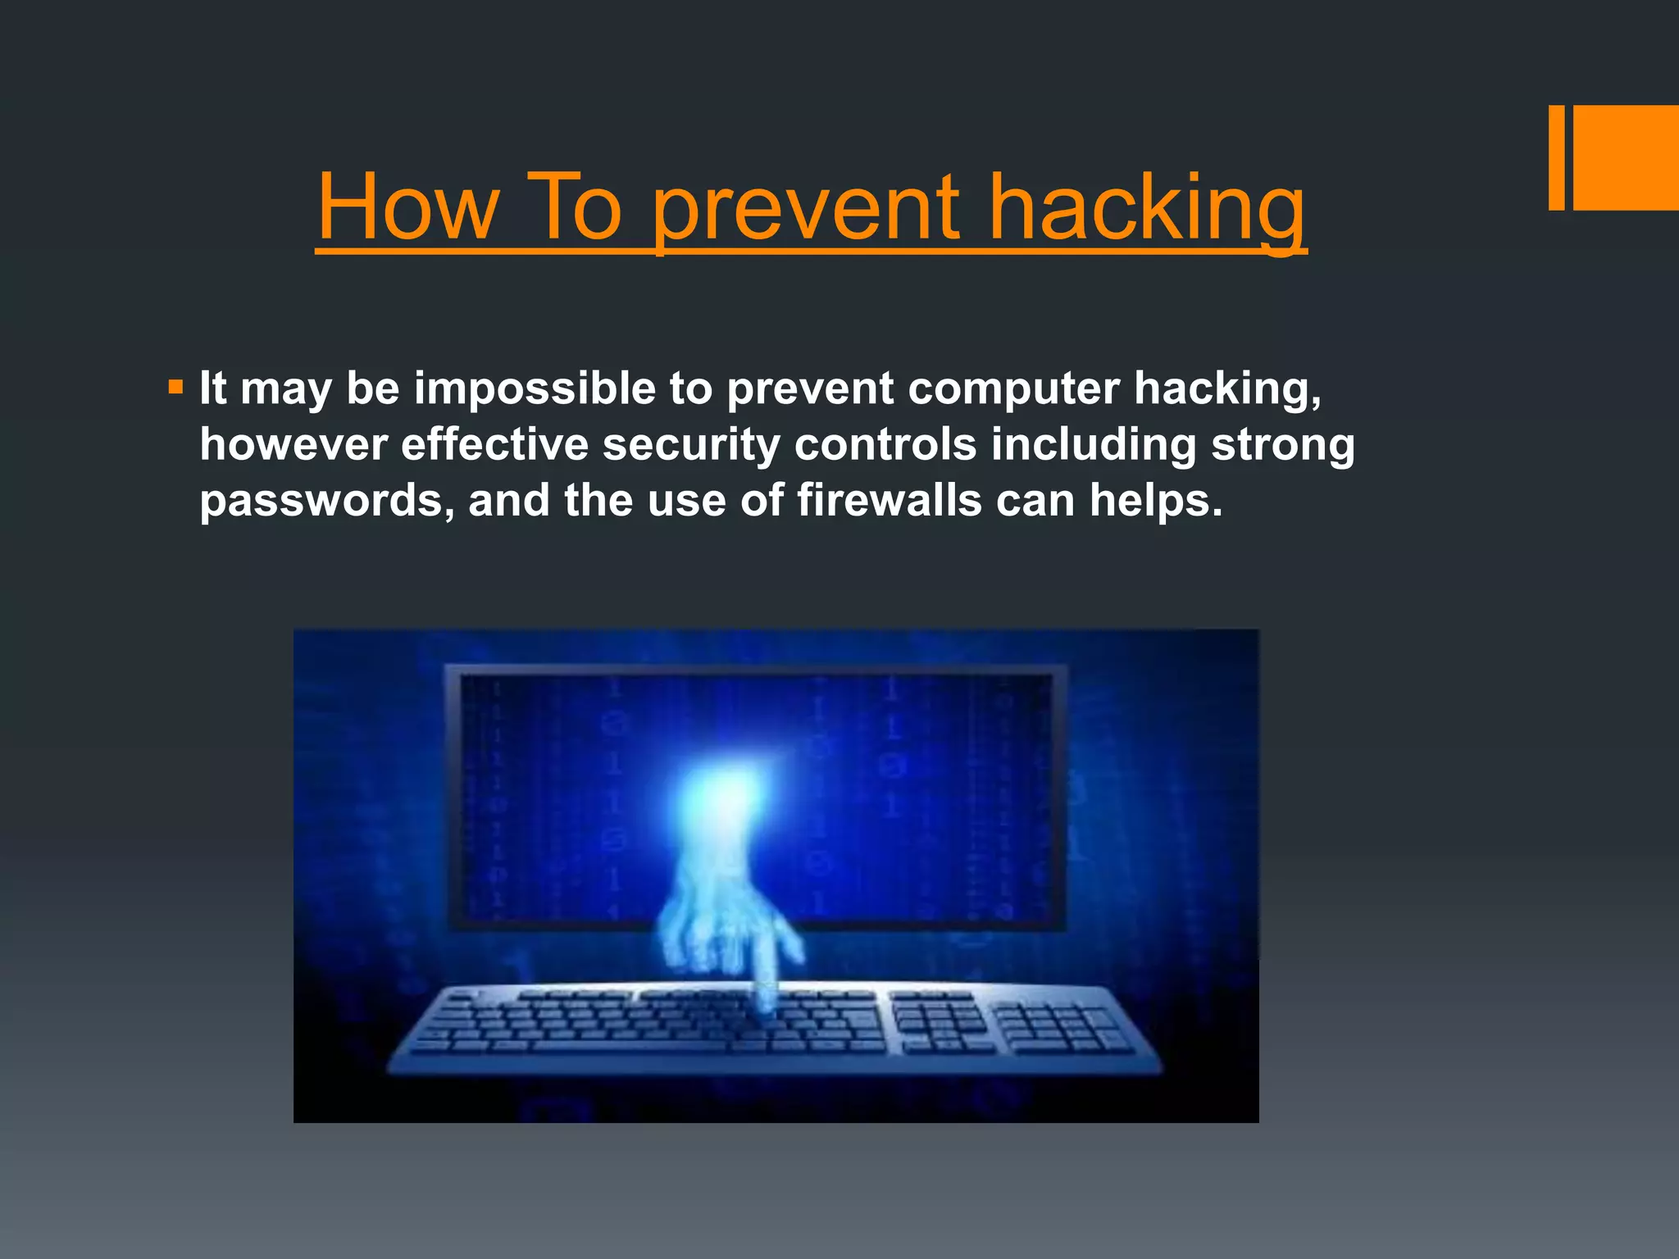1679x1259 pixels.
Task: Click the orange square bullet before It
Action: [x=175, y=386]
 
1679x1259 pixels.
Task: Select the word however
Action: [x=293, y=444]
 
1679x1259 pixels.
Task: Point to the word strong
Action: [x=1282, y=444]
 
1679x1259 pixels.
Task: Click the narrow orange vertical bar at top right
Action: [x=1556, y=157]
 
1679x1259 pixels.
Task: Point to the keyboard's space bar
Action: [x=631, y=1046]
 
